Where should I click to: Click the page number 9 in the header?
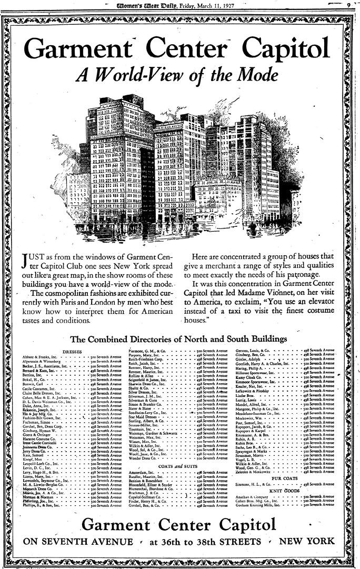(x=348, y=4)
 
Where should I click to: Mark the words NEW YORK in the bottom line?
(x=306, y=541)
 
